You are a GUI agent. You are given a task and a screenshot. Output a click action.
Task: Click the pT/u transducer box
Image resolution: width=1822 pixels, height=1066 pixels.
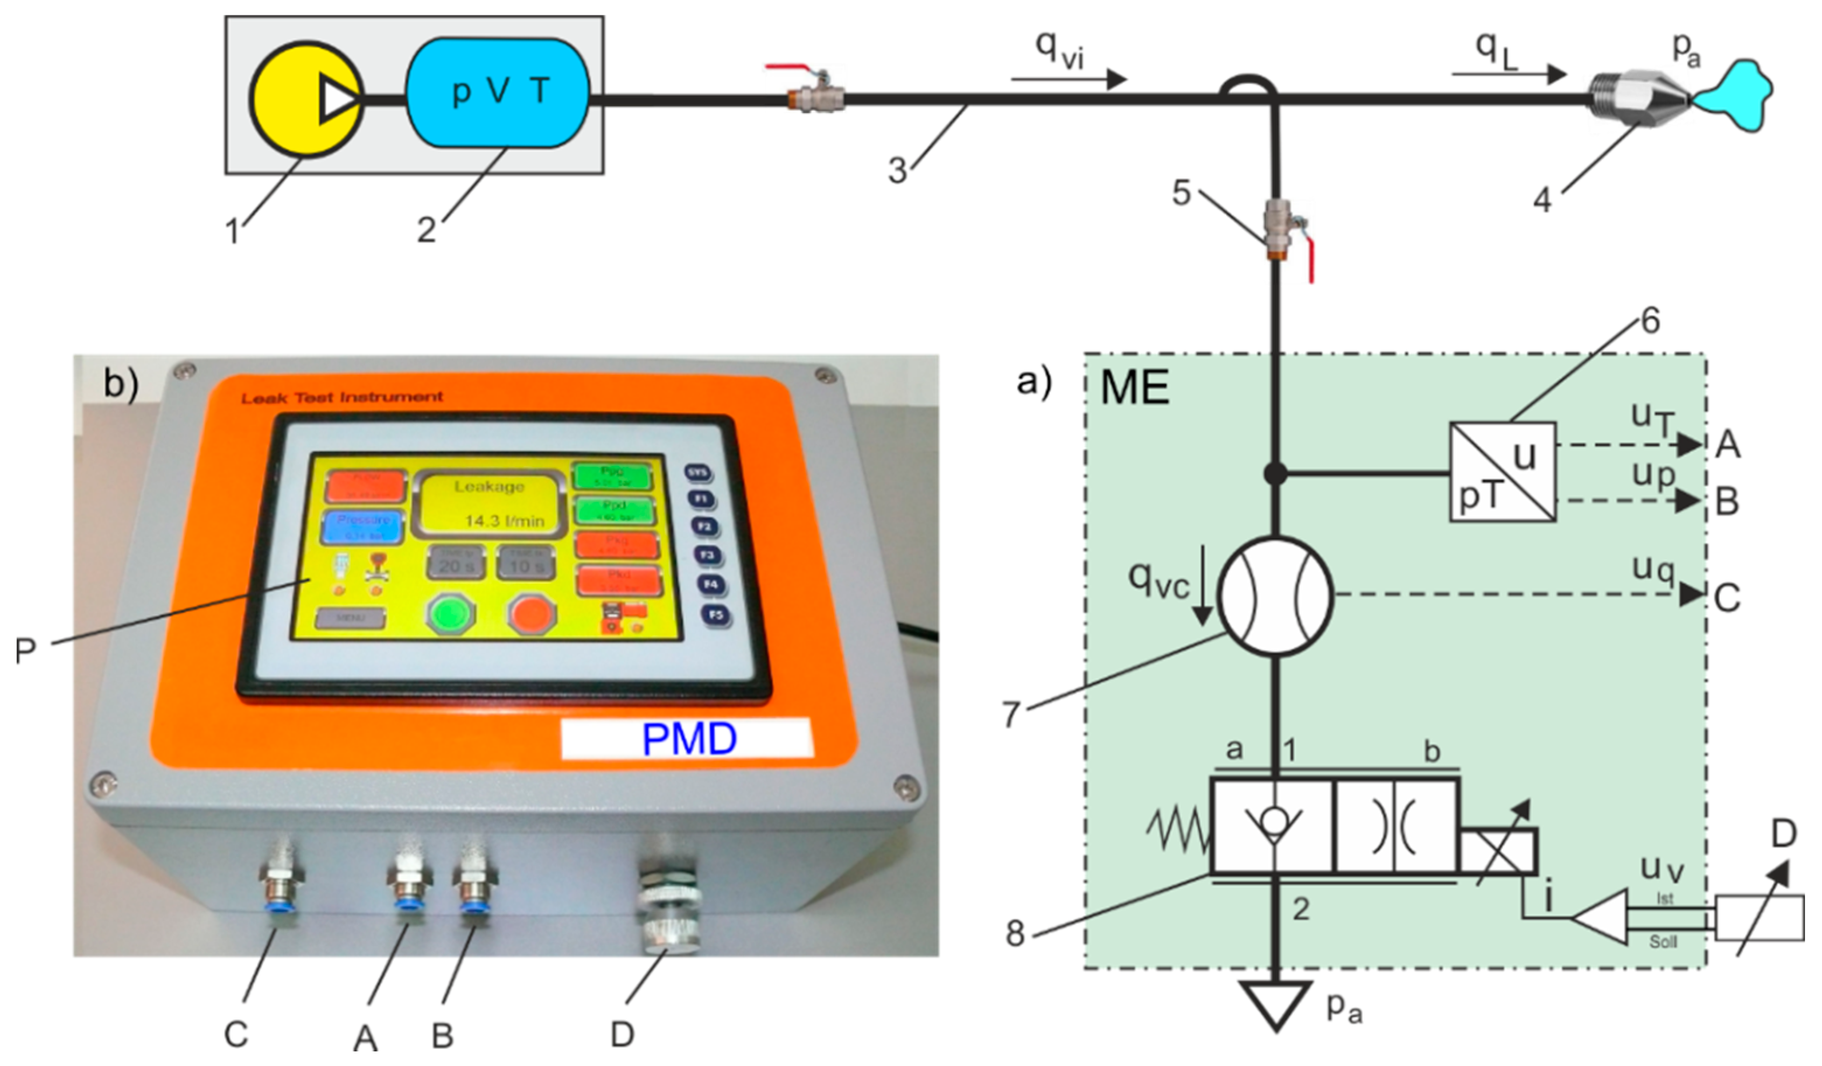[x=1502, y=472]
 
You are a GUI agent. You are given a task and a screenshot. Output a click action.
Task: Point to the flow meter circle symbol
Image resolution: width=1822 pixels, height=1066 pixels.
[x=1275, y=597]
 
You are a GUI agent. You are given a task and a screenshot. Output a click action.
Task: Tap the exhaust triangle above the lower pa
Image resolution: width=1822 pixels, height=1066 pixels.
[x=1276, y=1002]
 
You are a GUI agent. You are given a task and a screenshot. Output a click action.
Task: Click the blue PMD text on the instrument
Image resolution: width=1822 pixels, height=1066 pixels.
[x=689, y=739]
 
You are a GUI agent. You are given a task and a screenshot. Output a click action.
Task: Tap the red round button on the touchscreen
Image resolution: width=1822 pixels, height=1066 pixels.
[x=532, y=615]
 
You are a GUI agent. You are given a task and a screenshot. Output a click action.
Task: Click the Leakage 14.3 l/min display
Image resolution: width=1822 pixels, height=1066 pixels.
[x=488, y=503]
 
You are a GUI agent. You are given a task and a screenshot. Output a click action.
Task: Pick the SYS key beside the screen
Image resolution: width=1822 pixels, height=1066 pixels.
[x=697, y=473]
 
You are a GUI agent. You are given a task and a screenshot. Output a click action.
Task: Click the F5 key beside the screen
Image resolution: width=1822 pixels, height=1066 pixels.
[x=715, y=615]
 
